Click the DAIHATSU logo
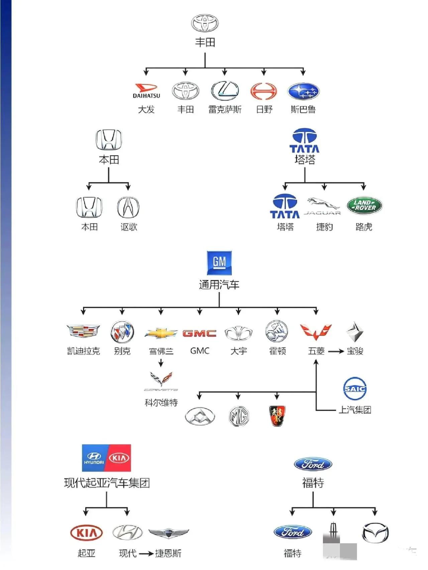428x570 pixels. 146,91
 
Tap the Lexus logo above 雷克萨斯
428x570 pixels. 225,91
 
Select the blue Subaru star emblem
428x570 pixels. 303,91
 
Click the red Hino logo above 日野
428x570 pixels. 263,91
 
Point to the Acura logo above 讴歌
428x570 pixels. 128,207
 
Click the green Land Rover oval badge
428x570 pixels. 364,205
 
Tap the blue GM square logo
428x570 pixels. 219,263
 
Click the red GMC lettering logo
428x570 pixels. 200,333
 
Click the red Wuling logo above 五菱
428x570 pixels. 316,331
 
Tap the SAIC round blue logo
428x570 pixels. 355,389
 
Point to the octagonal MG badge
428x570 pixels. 239,416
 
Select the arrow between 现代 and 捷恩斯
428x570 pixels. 146,554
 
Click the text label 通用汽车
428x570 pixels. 219,285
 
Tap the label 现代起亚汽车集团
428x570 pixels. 107,483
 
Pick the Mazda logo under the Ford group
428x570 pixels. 375,533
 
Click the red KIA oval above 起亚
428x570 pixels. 86,533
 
